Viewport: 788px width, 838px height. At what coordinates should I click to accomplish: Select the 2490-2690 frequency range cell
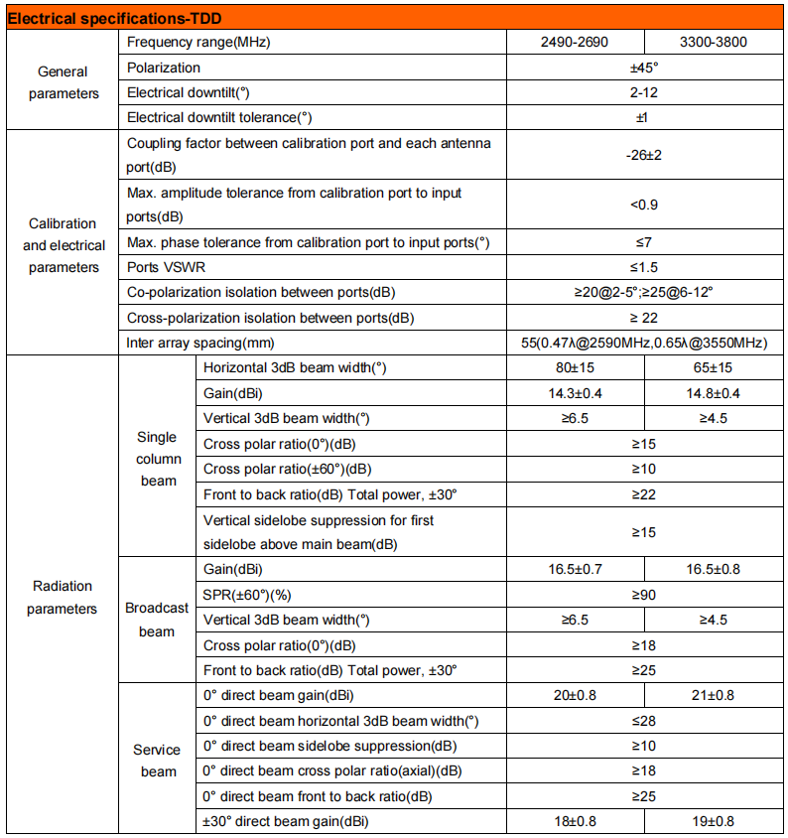coord(575,43)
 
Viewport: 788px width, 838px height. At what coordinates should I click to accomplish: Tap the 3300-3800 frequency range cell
coord(714,43)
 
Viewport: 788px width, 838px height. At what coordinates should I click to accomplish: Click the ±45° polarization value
coord(644,68)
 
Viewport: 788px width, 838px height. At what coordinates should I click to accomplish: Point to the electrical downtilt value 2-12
coord(644,92)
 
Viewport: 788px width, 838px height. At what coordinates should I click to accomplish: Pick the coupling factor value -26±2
coord(644,155)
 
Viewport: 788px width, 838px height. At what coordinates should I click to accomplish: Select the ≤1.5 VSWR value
coord(644,267)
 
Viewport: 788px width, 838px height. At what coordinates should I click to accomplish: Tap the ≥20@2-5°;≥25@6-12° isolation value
coord(644,293)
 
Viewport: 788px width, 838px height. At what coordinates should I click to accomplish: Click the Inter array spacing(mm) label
coord(199,343)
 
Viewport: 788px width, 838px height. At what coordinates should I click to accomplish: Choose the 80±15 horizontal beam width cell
coord(575,367)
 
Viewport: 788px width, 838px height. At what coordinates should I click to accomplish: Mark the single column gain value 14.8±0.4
coord(714,393)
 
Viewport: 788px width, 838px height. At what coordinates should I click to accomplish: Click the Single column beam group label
coord(158,459)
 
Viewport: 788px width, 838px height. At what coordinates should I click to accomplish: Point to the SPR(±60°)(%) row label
coord(250,595)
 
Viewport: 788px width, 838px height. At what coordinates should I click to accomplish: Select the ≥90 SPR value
coord(644,595)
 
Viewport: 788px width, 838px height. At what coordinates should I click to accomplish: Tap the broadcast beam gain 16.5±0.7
coord(575,569)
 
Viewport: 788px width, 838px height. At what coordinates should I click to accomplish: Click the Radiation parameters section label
coord(62,597)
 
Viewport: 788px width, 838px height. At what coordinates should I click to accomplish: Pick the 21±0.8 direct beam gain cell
coord(714,696)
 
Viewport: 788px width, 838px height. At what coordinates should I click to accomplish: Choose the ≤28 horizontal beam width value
coord(644,721)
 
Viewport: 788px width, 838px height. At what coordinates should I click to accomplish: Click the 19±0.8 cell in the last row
coord(714,821)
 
